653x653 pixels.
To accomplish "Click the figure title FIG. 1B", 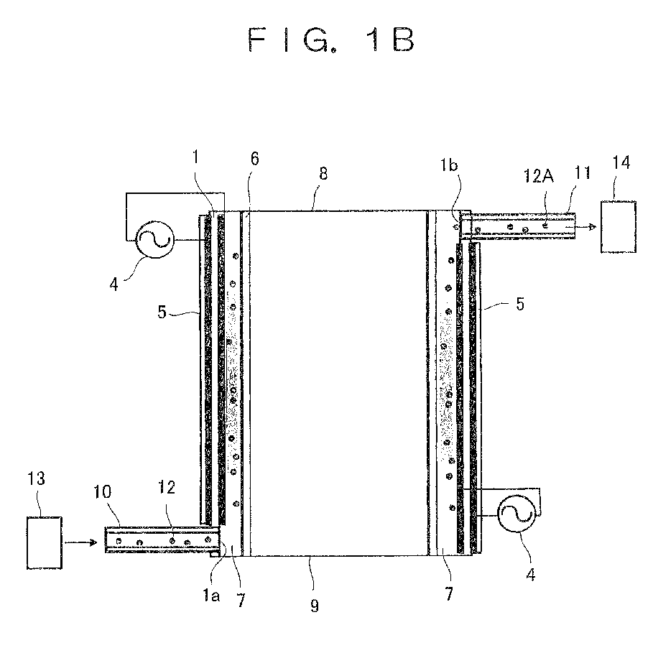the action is [331, 40].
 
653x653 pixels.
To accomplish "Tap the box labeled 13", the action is [45, 542].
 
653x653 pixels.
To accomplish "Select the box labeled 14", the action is [619, 227].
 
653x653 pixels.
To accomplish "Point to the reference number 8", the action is [323, 173].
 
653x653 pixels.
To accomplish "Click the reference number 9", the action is [315, 606].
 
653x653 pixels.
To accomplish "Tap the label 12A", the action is [539, 176].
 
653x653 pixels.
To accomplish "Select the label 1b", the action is [450, 165].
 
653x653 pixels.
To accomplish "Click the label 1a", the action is [211, 596].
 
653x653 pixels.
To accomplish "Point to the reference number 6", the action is [255, 159].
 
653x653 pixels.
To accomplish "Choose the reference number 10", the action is [102, 492].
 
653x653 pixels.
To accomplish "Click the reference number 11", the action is [583, 173].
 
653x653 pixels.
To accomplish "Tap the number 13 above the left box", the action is [36, 478].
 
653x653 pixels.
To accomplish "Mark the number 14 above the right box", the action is [621, 162].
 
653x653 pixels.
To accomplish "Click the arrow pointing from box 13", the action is [80, 542].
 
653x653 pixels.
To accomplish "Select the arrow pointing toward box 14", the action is [586, 227].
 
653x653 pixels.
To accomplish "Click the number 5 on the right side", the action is [520, 304].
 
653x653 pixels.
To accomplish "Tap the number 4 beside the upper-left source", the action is [114, 285].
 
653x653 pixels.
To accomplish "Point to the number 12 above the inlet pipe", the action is [167, 487].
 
